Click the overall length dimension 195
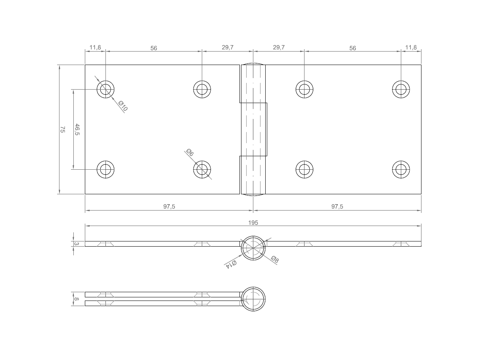click(253, 223)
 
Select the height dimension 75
click(62, 129)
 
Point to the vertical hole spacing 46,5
click(77, 129)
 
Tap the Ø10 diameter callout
click(123, 106)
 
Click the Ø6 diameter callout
click(190, 153)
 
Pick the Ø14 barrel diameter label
click(231, 264)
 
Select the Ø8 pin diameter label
click(275, 260)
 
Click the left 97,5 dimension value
click(169, 207)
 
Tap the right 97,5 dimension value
click(337, 207)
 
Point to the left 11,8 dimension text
click(95, 48)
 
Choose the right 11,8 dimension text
click(411, 48)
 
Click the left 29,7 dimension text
click(228, 48)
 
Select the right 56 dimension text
click(352, 48)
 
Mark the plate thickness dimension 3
click(76, 244)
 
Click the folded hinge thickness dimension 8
click(76, 299)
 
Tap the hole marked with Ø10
click(105, 89)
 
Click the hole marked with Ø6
click(202, 170)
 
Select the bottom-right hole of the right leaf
click(401, 170)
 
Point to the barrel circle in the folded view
click(253, 299)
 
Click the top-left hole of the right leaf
click(304, 89)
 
